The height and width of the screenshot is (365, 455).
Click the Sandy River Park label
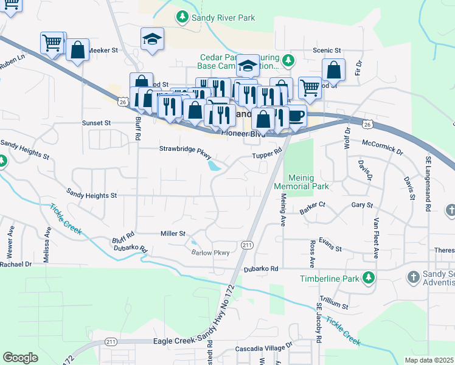223,18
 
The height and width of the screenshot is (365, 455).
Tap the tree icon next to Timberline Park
368,279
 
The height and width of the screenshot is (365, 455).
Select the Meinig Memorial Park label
301,181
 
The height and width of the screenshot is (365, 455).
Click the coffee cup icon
295,115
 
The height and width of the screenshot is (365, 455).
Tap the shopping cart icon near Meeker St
52,43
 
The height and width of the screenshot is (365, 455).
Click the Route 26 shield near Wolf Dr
367,124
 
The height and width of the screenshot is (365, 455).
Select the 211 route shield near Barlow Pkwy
246,245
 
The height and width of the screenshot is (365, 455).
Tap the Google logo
20,357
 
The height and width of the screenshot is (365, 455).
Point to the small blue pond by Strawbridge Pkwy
214,165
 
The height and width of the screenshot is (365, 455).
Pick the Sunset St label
97,122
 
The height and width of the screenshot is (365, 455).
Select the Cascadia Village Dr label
264,350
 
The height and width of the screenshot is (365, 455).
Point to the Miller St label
172,233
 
